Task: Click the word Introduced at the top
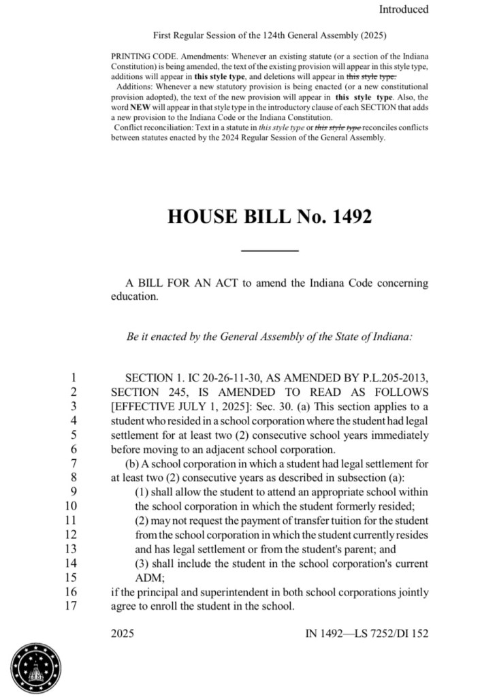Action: (x=404, y=10)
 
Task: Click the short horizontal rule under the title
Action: (x=270, y=251)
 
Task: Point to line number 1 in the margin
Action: (x=74, y=377)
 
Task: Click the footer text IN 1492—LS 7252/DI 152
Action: (x=367, y=634)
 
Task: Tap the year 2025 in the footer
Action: (x=123, y=634)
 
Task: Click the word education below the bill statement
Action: (x=133, y=297)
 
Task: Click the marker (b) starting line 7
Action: (x=133, y=463)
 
